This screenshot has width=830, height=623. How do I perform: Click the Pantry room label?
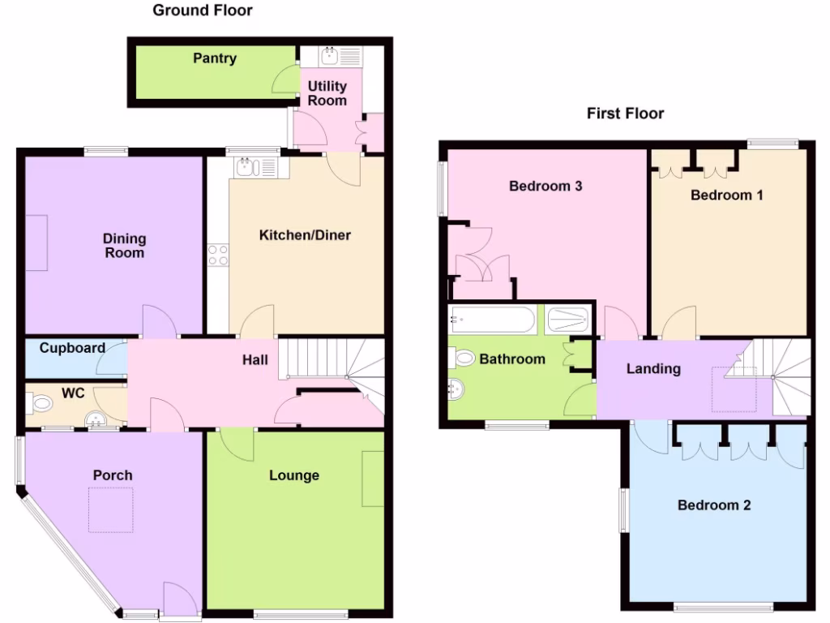[215, 58]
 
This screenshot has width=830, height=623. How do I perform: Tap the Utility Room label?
[327, 93]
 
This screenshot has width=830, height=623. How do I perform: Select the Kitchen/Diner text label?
[305, 235]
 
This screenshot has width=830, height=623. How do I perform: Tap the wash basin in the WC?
[97, 419]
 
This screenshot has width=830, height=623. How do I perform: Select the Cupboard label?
[73, 348]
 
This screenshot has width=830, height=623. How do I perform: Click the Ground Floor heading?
[203, 11]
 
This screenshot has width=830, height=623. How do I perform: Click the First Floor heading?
[625, 114]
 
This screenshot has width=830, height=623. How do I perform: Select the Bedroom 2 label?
[714, 505]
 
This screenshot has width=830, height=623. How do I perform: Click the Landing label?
[653, 368]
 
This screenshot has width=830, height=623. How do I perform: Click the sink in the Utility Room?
[330, 56]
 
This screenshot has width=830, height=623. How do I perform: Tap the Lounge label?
[294, 475]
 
